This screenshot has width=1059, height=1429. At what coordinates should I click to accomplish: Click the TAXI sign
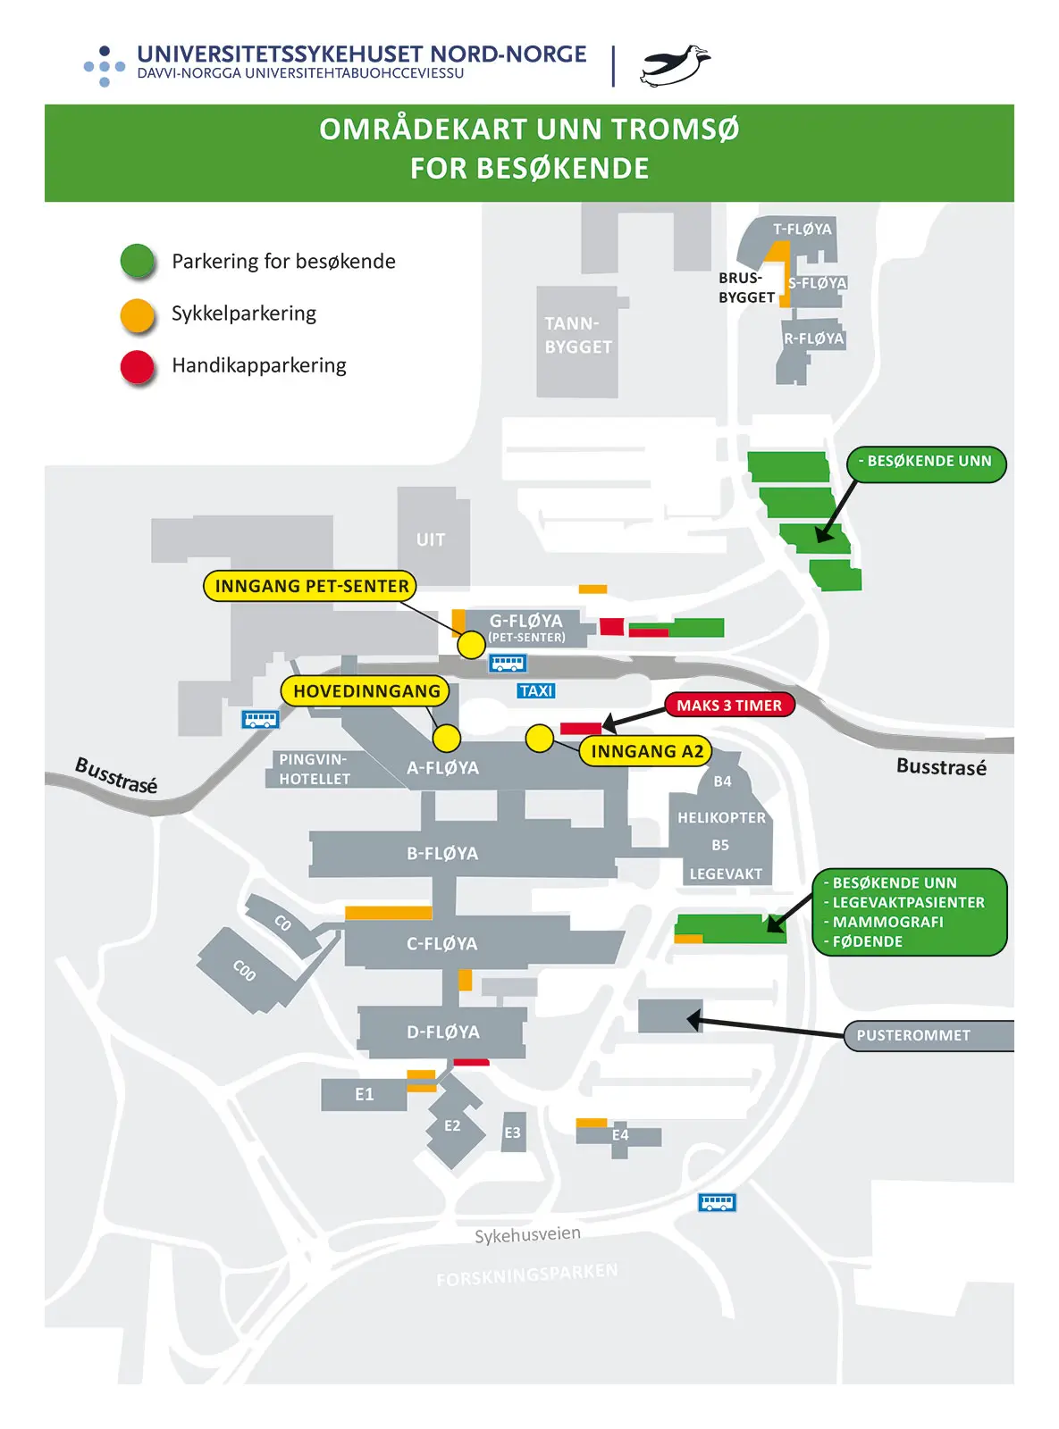tap(536, 691)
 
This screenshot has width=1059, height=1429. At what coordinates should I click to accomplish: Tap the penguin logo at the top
tap(675, 66)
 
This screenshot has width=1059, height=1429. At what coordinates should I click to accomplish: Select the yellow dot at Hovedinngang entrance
tap(447, 738)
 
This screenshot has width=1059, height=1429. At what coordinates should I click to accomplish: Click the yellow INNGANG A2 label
tap(646, 751)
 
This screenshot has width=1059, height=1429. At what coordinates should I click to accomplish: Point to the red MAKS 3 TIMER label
tap(729, 706)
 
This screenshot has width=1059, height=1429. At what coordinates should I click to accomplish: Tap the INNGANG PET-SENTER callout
tap(311, 586)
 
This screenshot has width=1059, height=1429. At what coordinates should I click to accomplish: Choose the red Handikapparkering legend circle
tap(138, 366)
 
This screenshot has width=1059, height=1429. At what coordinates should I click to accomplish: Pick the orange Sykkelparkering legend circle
tap(138, 314)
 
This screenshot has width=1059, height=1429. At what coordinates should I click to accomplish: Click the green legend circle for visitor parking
tap(138, 261)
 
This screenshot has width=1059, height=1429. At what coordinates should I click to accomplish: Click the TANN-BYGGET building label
tap(578, 336)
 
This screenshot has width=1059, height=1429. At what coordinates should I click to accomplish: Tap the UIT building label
tap(431, 539)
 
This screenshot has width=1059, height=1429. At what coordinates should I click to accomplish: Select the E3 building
tap(512, 1132)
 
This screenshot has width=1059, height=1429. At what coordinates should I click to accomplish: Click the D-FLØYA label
tap(443, 1032)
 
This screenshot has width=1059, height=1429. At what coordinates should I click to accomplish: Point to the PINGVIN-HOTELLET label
tap(314, 769)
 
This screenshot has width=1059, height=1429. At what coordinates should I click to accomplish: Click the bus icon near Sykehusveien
tap(717, 1202)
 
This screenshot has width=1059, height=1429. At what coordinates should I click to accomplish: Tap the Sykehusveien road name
tap(527, 1235)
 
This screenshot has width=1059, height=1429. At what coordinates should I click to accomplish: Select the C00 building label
tap(244, 970)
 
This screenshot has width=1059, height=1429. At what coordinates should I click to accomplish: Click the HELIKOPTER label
tap(721, 818)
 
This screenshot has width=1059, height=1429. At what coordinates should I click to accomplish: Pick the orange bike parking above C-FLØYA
tap(388, 913)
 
